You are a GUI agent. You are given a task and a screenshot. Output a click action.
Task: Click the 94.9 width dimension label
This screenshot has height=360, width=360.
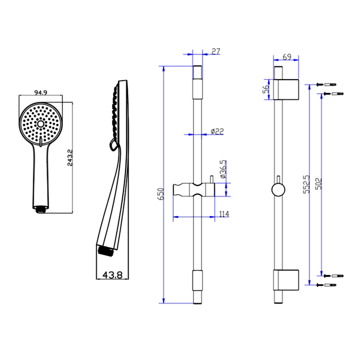click(x=40, y=93)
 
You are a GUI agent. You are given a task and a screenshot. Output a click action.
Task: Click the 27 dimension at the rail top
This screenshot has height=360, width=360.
click(x=215, y=52)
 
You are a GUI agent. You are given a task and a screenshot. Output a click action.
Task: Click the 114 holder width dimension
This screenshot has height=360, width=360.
click(x=224, y=214)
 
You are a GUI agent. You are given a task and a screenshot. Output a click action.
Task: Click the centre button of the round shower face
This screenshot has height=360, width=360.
click(x=40, y=123)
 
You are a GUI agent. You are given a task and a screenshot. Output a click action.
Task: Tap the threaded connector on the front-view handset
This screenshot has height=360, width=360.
click(x=41, y=209)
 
